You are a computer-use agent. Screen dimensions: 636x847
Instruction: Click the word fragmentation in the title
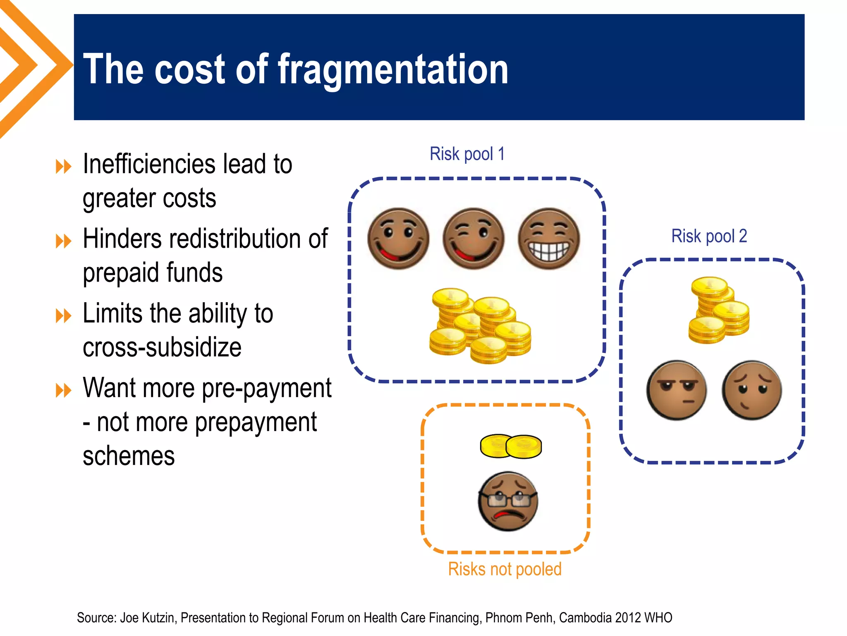(x=393, y=70)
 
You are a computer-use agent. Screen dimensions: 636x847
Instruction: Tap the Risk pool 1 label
(x=467, y=154)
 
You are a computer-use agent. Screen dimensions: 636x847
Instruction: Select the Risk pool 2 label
(x=709, y=236)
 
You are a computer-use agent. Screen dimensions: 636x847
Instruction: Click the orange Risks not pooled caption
(x=505, y=569)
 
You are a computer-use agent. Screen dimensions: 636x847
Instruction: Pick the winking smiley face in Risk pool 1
(x=474, y=238)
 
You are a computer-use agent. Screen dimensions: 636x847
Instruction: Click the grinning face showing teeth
(x=549, y=238)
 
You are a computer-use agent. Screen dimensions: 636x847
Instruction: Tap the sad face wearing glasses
(x=508, y=501)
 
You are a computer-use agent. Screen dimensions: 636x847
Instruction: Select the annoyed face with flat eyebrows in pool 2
(x=677, y=390)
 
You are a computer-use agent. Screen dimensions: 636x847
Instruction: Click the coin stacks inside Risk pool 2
(x=719, y=311)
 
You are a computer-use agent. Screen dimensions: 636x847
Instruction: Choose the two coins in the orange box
(x=511, y=446)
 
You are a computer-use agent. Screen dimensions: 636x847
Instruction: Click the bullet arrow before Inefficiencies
(x=64, y=167)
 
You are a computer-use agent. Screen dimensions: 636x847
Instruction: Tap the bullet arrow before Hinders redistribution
(x=64, y=241)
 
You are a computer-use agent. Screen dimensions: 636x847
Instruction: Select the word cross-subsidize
(x=162, y=347)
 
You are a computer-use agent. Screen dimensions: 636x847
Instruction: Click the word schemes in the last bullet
(x=129, y=456)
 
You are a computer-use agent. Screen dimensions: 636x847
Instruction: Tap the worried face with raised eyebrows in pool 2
(x=752, y=390)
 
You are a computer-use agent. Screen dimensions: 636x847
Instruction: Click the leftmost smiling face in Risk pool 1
(x=398, y=238)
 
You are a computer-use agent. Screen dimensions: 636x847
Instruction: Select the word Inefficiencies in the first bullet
(x=149, y=164)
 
